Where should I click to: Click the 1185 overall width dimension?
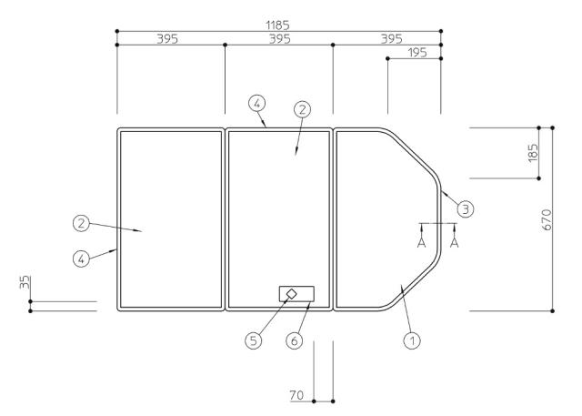(x=277, y=25)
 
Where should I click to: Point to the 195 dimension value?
(x=417, y=53)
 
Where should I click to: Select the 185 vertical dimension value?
(x=533, y=153)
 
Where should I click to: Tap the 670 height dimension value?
(x=547, y=219)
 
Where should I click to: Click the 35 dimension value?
(x=25, y=282)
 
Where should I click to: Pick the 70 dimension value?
(x=296, y=395)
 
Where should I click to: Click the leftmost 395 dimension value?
(x=167, y=39)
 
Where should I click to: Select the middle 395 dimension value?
(x=279, y=39)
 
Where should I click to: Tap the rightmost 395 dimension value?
(x=392, y=39)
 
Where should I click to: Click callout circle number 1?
(x=412, y=340)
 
